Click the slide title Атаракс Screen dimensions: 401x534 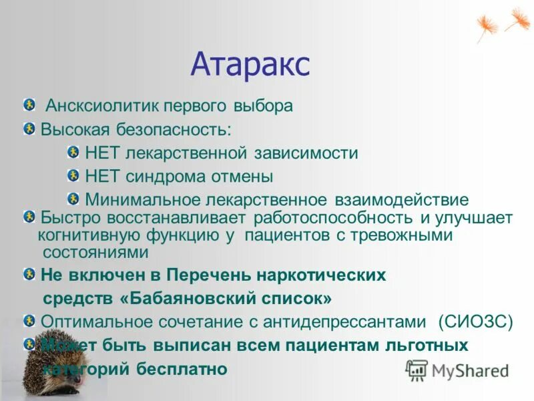point(250,65)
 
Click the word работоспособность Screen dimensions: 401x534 point(335,218)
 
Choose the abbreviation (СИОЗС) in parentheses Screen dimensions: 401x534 point(476,322)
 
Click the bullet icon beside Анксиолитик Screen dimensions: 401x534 point(29,105)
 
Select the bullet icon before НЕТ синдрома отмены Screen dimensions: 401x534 point(73,176)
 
